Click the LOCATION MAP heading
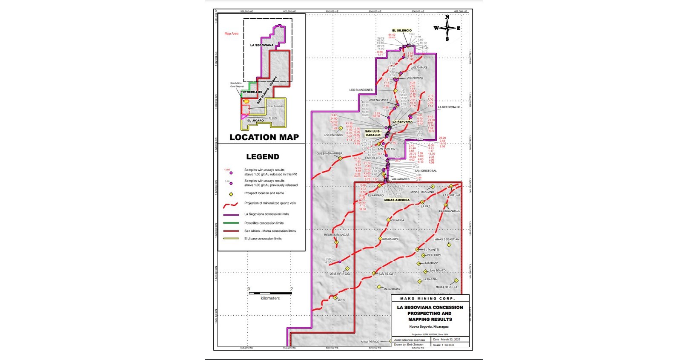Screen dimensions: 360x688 coord(264,137)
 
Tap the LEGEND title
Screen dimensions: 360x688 coord(263,157)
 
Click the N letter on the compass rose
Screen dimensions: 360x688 coord(447,17)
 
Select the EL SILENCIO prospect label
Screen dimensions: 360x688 coord(401,31)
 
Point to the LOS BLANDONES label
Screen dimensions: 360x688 coord(361,90)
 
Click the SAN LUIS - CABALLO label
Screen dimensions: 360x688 coord(373,133)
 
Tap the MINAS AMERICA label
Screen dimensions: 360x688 coord(397,200)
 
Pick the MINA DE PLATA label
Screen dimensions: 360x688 coord(340,274)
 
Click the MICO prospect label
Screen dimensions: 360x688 coord(341,300)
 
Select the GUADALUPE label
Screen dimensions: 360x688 coord(390,239)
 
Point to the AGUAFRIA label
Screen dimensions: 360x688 coord(397,220)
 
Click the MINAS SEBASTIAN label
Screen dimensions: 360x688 coord(447,239)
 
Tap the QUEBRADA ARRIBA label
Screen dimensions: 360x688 coord(329,153)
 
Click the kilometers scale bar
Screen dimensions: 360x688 coord(270,293)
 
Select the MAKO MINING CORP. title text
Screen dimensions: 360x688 coord(427,299)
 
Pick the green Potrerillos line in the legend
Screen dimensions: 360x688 coord(231,223)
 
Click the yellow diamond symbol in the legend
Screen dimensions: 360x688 coord(231,194)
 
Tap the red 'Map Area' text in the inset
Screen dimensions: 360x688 coord(231,34)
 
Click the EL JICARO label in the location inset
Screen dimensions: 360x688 coord(255,121)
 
